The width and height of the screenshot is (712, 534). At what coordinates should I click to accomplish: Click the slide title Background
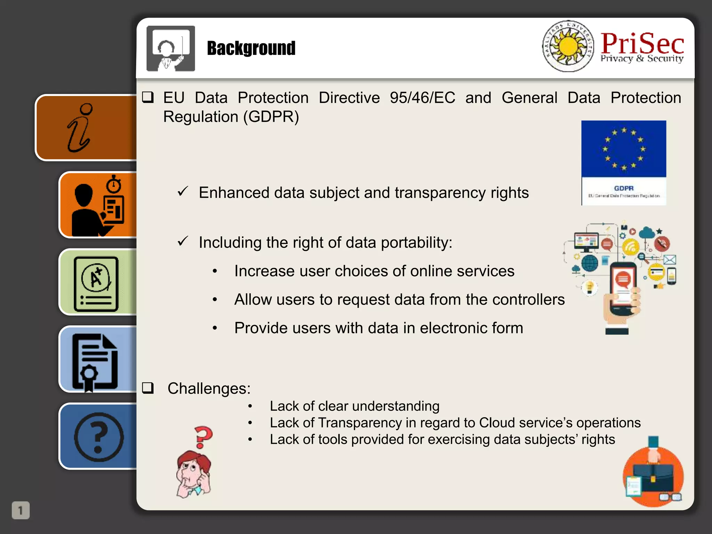click(251, 48)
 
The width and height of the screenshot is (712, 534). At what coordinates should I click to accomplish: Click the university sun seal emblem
click(568, 46)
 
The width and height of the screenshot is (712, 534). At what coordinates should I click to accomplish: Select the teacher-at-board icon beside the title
click(171, 48)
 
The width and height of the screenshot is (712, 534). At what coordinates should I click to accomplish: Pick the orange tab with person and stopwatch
click(98, 205)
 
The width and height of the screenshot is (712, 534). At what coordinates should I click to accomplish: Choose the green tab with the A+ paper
click(98, 282)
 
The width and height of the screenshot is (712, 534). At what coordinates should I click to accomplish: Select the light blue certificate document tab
click(98, 360)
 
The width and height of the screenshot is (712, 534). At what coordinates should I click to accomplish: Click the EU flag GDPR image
click(624, 163)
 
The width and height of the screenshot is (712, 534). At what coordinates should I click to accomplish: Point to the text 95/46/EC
click(422, 98)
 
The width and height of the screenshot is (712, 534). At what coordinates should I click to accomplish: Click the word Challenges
click(209, 388)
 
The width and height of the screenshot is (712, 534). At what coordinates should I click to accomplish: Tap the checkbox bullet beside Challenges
click(148, 388)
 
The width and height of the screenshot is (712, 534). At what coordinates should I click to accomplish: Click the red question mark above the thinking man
click(203, 436)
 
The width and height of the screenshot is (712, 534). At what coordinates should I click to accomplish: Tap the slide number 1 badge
click(21, 510)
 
